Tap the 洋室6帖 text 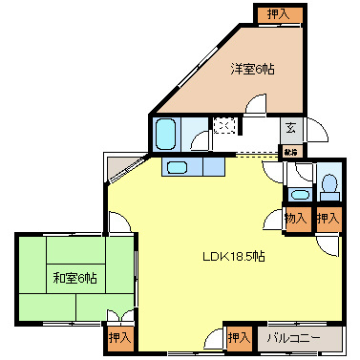coord(252,69)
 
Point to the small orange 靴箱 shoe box coord(289,150)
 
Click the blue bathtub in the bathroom coord(168,130)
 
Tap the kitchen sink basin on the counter coord(179,167)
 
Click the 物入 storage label coord(296,219)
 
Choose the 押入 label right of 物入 coord(328,219)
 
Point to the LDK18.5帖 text coord(233,256)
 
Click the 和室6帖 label coord(74,278)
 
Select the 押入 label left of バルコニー coord(237,336)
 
